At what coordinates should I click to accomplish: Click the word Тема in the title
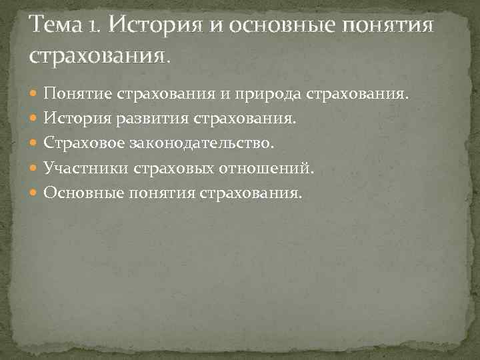point(60,27)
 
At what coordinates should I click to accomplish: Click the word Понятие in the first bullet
point(78,95)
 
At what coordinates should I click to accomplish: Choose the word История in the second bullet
point(73,119)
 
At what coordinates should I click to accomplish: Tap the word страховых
point(171,169)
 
